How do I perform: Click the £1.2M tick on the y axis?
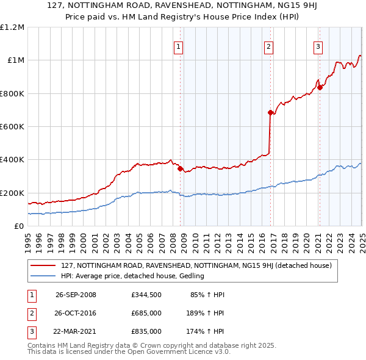pyautogui.click(x=12, y=27)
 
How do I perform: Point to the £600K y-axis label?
pyautogui.click(x=12, y=127)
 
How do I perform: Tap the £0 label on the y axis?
pyautogui.click(x=18, y=226)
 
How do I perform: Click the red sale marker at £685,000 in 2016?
pyautogui.click(x=270, y=112)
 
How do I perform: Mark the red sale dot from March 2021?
pyautogui.click(x=320, y=87)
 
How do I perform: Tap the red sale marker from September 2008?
pyautogui.click(x=180, y=169)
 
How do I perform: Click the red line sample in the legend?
pyautogui.click(x=42, y=265)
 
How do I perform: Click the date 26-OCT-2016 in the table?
pyautogui.click(x=76, y=313)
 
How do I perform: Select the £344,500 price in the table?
pyautogui.click(x=146, y=295)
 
